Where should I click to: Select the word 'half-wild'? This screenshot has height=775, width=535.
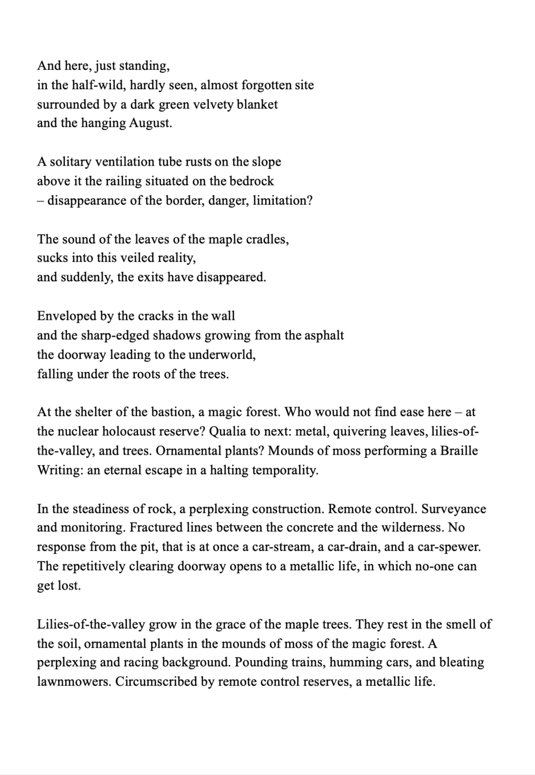[97, 85]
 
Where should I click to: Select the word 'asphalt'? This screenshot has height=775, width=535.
[322, 335]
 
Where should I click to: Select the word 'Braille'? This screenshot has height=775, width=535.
[459, 451]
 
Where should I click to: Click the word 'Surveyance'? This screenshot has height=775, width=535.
[454, 509]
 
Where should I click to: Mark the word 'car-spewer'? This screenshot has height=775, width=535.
[449, 548]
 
